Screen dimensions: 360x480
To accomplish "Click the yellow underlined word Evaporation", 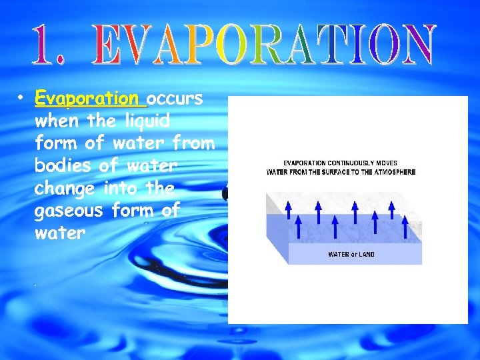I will [91, 99].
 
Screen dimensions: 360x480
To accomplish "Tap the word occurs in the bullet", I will [175, 99].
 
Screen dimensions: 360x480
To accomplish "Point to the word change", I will [65, 188].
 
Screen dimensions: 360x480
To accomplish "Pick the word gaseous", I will [69, 211].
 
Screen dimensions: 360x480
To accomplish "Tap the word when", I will [55, 121].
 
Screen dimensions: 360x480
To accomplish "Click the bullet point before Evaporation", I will [21, 99].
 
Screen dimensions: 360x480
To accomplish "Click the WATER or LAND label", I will [351, 254].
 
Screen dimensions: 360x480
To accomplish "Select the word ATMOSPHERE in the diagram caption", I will [394, 172].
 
